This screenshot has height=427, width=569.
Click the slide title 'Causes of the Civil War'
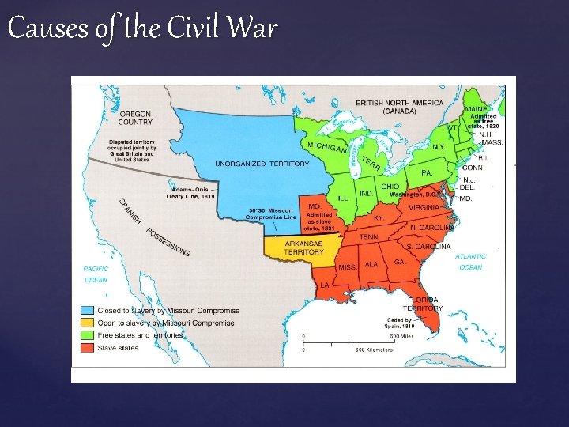pos(142,29)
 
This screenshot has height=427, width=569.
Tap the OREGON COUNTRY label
pos(135,118)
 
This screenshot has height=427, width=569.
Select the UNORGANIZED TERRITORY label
pos(251,164)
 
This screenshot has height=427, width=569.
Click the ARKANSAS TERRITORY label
pos(304,248)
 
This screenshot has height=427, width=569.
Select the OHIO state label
pos(390,187)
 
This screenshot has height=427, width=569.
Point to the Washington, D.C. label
pos(414,194)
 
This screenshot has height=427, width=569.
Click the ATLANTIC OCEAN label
pos(470,262)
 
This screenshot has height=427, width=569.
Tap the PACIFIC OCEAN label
pos(96,274)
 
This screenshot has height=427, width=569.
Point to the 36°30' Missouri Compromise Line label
pos(273,214)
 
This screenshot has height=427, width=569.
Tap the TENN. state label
pos(369,236)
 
